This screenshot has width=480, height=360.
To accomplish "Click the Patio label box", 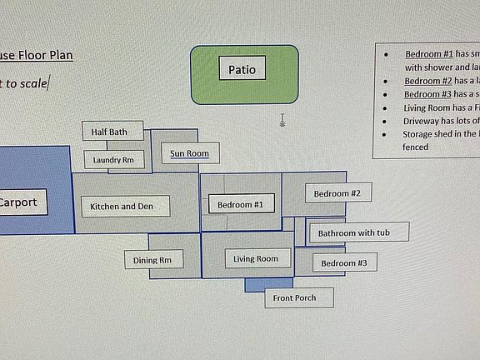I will [x=242, y=68].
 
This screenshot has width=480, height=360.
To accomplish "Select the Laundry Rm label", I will [x=113, y=159].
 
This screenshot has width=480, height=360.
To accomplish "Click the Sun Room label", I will [x=190, y=153].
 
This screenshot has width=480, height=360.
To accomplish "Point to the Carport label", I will [x=17, y=202].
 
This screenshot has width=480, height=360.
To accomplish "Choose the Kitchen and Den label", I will [x=124, y=206].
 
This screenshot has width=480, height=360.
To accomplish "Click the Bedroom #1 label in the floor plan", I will [x=240, y=204].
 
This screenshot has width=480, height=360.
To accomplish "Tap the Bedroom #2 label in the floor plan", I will [x=337, y=193].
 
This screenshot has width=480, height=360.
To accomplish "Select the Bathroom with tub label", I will [x=358, y=232].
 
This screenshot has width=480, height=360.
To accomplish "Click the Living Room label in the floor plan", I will [x=257, y=258].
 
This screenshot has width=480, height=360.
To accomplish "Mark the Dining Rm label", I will [x=152, y=261].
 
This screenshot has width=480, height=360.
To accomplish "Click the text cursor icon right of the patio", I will [x=282, y=121].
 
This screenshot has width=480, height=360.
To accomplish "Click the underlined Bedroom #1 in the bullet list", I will [x=429, y=53].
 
